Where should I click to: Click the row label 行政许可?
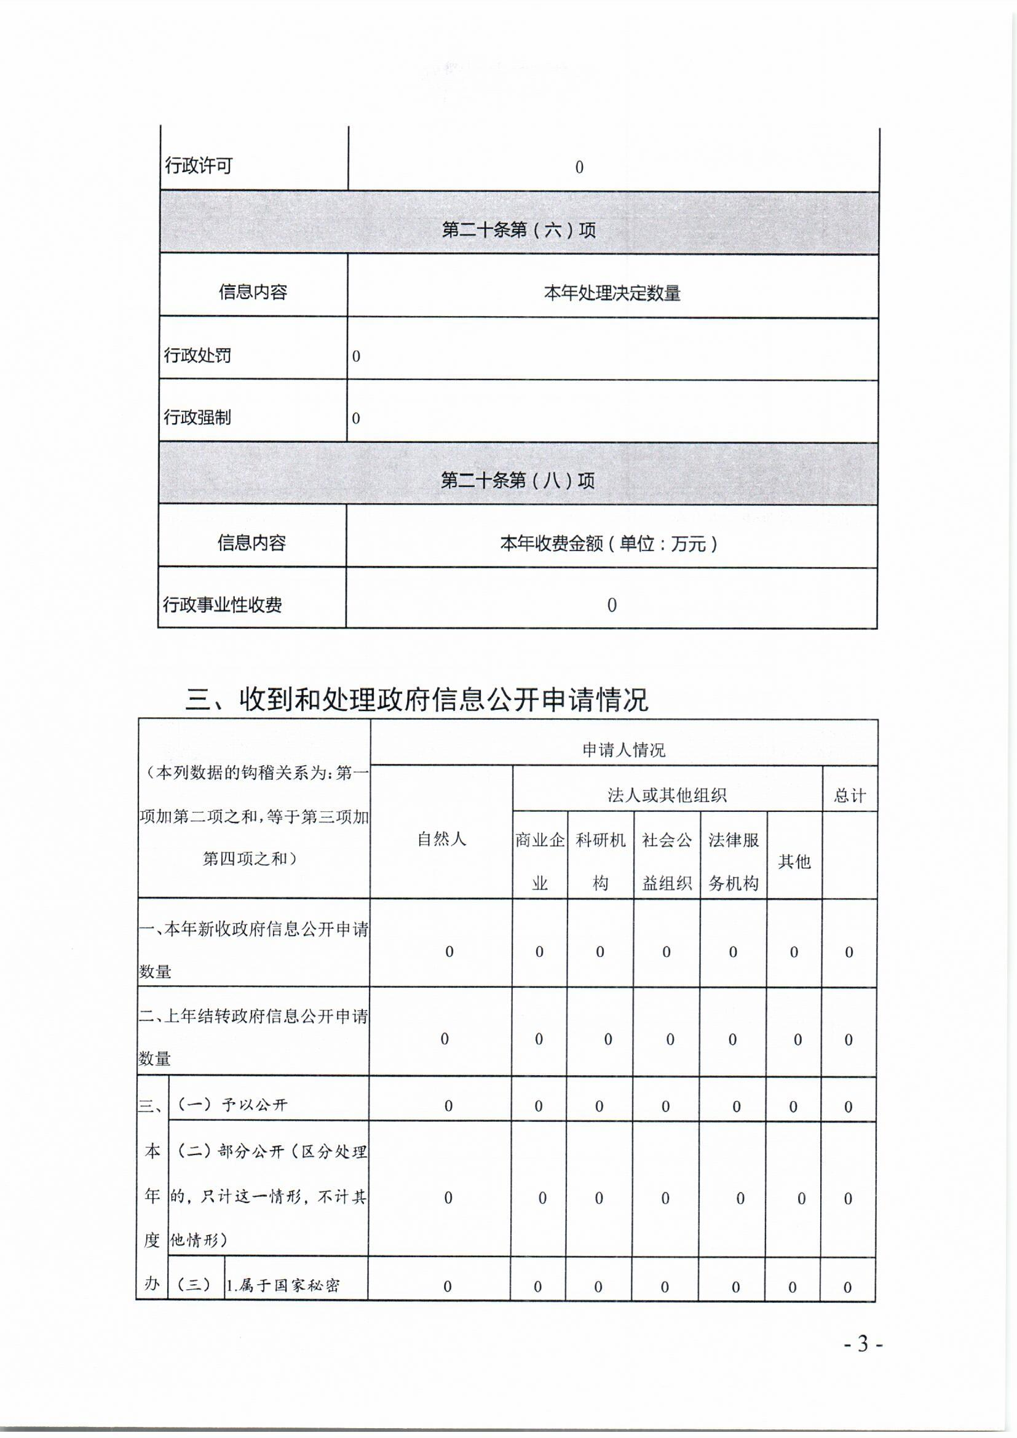(199, 166)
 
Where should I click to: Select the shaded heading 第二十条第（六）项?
(518, 230)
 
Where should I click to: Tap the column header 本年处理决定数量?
(612, 293)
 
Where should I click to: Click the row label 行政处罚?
(197, 355)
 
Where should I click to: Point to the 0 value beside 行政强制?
(355, 418)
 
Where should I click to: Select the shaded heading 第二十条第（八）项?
(517, 480)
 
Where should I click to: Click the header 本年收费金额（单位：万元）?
(608, 543)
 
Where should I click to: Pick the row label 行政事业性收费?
(223, 605)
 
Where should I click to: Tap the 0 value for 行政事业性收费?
(612, 605)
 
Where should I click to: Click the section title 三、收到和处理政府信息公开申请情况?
(416, 699)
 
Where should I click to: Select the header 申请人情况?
(623, 750)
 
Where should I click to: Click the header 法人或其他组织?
(667, 795)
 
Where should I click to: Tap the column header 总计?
(850, 795)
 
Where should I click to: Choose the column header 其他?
(794, 862)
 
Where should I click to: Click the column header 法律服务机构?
(734, 861)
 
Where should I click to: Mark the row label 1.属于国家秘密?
(282, 1286)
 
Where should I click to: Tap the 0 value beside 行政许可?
(579, 167)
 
